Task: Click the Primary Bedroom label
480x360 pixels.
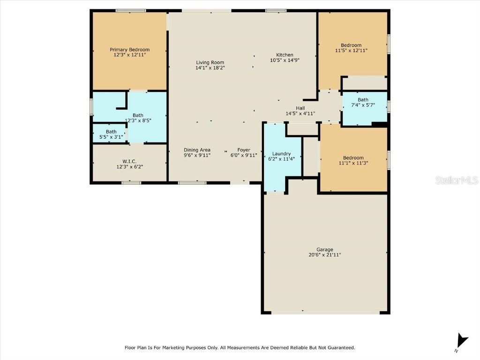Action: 129,50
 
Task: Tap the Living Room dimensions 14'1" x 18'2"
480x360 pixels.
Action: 210,68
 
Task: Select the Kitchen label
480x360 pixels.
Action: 285,55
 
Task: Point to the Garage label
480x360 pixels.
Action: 324,249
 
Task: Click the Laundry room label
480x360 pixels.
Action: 281,154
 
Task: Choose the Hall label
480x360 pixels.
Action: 300,108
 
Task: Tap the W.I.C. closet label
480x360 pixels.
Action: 129,161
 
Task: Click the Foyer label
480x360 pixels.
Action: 244,150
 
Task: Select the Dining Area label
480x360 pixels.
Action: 197,150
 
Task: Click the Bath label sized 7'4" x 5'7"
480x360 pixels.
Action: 363,99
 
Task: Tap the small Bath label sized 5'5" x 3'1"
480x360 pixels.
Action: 111,132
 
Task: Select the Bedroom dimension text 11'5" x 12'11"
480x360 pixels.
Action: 351,51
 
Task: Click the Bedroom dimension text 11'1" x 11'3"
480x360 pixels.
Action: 353,163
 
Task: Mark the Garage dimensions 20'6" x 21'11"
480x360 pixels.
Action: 324,255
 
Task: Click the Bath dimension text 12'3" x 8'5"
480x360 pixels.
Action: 138,120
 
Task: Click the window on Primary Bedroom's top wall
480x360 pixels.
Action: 131,10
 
